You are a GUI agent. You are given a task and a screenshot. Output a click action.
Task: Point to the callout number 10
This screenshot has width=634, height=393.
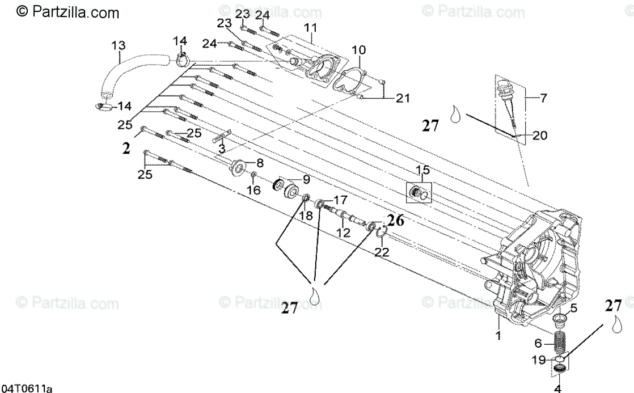358,50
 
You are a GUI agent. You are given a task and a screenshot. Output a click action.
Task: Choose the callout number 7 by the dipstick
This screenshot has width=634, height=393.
543,98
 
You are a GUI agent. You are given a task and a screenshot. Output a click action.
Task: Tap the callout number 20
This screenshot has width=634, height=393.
540,135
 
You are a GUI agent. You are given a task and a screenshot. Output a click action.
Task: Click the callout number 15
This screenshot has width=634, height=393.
422,170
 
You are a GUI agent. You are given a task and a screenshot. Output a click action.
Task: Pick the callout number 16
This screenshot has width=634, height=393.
254,191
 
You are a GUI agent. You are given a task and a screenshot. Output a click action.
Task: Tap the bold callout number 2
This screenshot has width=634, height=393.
126,149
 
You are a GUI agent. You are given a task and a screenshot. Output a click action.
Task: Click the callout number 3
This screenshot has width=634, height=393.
222,149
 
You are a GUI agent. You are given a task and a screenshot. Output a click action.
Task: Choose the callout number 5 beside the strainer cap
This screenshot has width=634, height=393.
573,309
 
